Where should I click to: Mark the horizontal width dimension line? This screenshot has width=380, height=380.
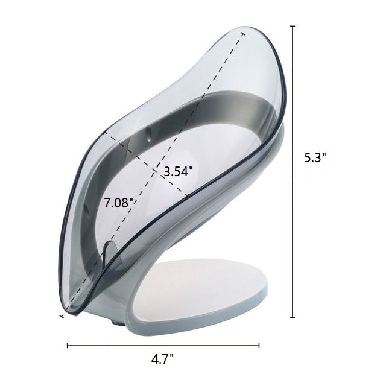click(163, 346)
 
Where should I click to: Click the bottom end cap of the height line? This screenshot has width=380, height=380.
click(293, 317)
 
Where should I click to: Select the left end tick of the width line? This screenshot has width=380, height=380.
click(67, 346)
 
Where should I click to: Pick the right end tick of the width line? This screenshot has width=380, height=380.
click(259, 346)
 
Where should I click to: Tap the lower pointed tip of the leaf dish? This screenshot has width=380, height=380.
click(61, 314)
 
